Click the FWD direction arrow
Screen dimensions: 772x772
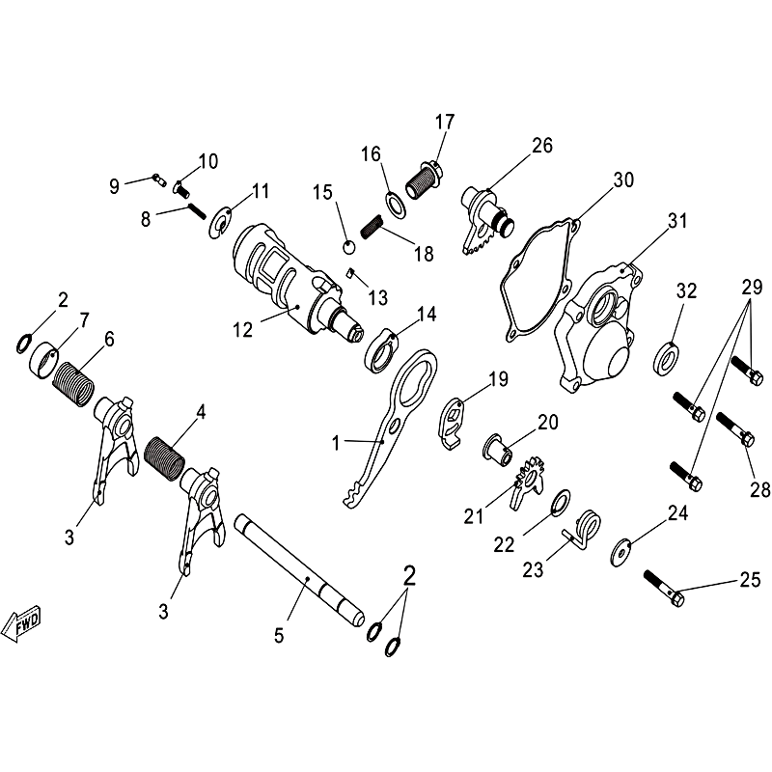(21, 622)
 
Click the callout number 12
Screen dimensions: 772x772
(243, 329)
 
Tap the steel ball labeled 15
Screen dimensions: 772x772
(349, 247)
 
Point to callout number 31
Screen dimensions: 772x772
(677, 221)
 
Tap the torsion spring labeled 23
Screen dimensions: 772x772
(583, 530)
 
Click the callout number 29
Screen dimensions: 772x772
(753, 287)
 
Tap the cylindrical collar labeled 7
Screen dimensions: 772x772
(42, 359)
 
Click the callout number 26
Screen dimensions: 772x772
(542, 146)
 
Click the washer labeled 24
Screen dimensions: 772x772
(620, 552)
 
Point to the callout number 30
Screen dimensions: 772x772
(623, 179)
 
